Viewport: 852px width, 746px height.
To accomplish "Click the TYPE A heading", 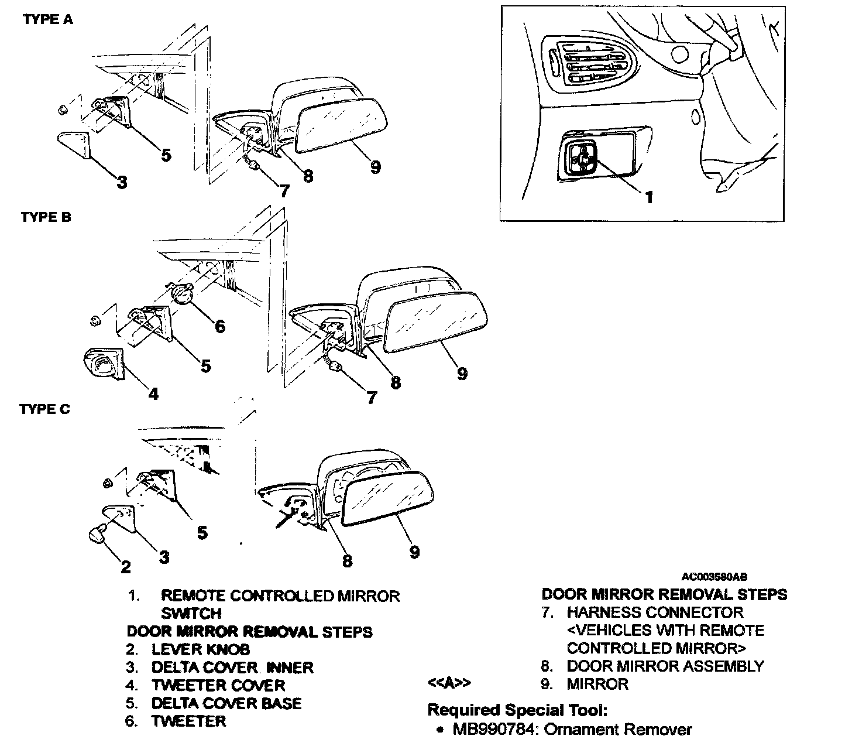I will (48, 19).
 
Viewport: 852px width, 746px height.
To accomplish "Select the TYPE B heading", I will (46, 217).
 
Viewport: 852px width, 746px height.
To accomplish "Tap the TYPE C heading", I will (44, 409).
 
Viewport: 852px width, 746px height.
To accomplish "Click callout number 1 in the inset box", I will (648, 197).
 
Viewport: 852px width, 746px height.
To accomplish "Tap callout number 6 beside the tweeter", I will (220, 326).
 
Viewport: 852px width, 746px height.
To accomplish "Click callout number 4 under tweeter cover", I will (153, 394).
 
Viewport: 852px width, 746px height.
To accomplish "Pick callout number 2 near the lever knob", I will (126, 566).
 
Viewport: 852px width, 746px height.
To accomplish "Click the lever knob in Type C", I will (97, 534).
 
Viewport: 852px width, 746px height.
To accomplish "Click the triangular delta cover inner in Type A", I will (75, 143).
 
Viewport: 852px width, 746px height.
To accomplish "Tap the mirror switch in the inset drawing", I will (582, 159).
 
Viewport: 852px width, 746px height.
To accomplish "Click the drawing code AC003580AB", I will (714, 577).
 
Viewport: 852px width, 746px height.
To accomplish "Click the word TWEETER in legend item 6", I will (188, 721).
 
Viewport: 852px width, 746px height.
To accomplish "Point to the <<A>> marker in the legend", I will (449, 683).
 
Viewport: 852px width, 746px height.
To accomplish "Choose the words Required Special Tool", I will (518, 710).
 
